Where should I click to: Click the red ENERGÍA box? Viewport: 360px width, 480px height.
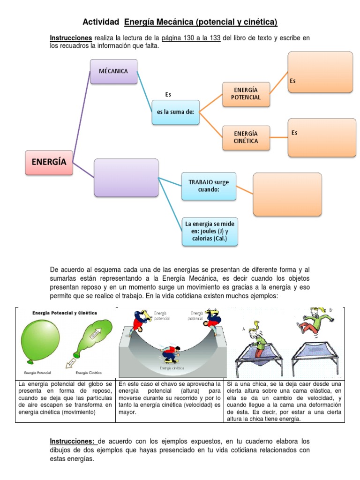tap(49, 162)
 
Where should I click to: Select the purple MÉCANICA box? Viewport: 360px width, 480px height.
tap(113, 71)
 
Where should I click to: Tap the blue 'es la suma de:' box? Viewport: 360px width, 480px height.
tap(175, 112)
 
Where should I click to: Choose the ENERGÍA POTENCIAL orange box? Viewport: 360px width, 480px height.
tap(246, 93)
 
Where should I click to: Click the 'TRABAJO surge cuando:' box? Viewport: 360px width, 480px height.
tap(209, 186)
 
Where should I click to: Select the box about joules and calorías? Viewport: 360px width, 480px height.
tap(210, 231)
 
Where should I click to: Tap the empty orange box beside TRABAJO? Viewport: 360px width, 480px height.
tap(287, 194)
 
